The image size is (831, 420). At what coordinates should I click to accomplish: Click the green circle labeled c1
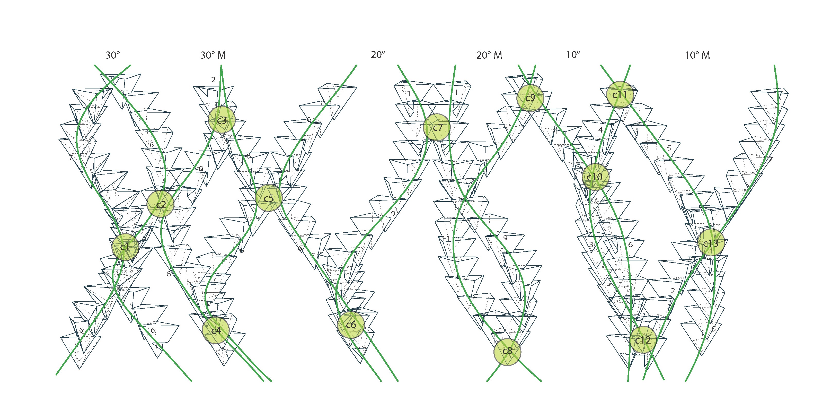[125, 247]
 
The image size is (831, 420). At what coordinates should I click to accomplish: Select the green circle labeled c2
[160, 204]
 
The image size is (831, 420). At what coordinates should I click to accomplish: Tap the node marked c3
[222, 120]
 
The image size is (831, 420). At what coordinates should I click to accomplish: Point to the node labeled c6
[351, 325]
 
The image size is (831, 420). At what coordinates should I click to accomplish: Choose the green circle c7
[437, 127]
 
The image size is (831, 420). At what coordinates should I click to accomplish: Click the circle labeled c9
[530, 98]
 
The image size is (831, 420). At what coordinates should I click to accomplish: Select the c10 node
[595, 177]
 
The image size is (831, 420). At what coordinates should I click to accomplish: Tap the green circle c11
[620, 94]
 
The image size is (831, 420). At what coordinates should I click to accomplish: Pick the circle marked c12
[643, 340]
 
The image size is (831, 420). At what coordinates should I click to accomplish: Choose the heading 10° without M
[573, 55]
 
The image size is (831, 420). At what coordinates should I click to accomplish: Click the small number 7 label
[71, 158]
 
